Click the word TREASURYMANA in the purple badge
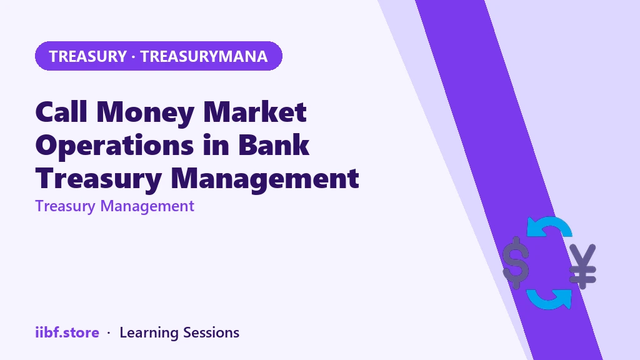click(x=204, y=56)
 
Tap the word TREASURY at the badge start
click(x=87, y=56)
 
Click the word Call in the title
click(x=61, y=111)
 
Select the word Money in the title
click(x=145, y=112)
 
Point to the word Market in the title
click(x=255, y=111)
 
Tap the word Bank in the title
click(x=274, y=144)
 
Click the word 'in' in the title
click(x=216, y=144)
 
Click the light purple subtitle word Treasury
click(x=65, y=206)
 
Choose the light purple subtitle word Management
click(x=147, y=206)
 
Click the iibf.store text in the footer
click(x=67, y=332)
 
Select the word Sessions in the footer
click(x=211, y=332)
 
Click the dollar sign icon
click(x=516, y=262)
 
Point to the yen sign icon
click(x=583, y=266)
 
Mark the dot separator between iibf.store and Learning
click(x=109, y=333)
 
